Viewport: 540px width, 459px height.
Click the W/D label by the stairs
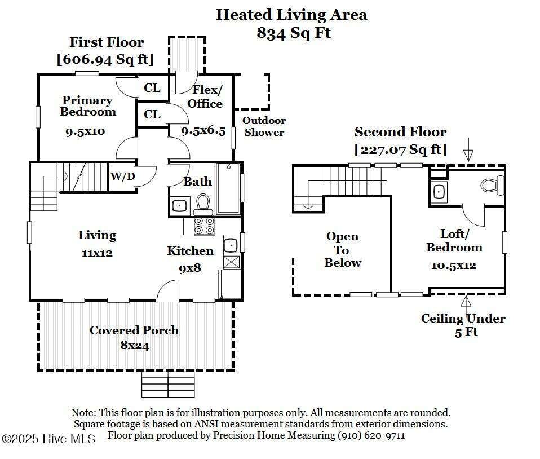coord(123,176)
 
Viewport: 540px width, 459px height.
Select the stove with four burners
coord(204,226)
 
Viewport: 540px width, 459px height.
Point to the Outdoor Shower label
coord(264,126)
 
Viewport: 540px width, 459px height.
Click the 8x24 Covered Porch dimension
coord(135,345)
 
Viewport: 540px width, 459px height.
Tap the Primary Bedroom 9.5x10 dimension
coord(85,131)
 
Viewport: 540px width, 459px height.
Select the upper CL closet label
coord(152,88)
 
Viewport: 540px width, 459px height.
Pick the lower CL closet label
coord(152,114)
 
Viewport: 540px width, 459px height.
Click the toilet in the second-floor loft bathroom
coord(492,185)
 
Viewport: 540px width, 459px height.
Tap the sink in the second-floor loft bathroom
coord(439,192)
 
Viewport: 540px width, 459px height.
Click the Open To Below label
coord(343,249)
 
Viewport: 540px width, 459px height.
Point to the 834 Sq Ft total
coord(294,33)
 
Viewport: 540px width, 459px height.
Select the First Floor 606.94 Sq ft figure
coord(105,59)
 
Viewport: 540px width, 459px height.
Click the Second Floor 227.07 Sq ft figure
coord(401,149)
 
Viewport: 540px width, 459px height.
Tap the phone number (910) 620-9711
coord(371,435)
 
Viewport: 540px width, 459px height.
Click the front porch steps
coord(168,384)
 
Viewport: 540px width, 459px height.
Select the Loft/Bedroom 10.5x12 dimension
coord(454,266)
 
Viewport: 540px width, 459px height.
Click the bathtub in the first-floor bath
coord(228,189)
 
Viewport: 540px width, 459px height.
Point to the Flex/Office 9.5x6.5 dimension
coord(203,131)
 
